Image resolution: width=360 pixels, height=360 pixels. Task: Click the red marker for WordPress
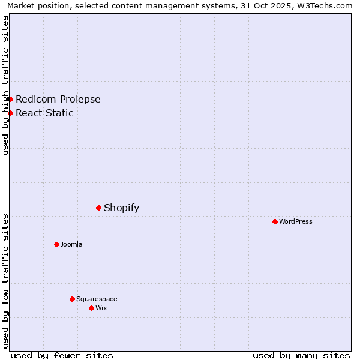pos(275,221)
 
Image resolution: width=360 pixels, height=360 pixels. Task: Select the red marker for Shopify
pos(98,208)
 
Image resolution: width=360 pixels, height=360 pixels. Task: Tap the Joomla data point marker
pos(56,244)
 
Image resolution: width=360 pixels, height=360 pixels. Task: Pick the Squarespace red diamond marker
pos(72,299)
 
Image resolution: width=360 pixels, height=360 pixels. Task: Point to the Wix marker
pos(91,308)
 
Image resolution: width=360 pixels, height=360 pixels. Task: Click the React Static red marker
pos(10,113)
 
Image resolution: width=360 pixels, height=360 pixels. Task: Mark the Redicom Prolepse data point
pos(10,99)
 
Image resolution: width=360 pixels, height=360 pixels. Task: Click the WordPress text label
pos(296,221)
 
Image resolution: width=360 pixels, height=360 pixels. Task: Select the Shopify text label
pos(121,208)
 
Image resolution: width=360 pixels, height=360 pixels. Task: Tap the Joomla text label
pos(71,244)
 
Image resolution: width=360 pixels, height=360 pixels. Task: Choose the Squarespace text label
pos(97,299)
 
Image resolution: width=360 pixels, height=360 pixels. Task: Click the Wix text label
pos(101,308)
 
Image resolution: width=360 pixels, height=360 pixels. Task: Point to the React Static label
pos(44,113)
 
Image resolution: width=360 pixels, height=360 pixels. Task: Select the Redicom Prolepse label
pos(58,99)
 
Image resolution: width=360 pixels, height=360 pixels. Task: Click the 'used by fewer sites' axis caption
pos(62,355)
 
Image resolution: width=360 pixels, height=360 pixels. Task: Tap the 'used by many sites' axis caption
pos(301,355)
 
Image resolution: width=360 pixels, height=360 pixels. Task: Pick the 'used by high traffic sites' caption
pos(5,85)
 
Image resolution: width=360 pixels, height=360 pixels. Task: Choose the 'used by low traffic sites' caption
pos(5,281)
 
